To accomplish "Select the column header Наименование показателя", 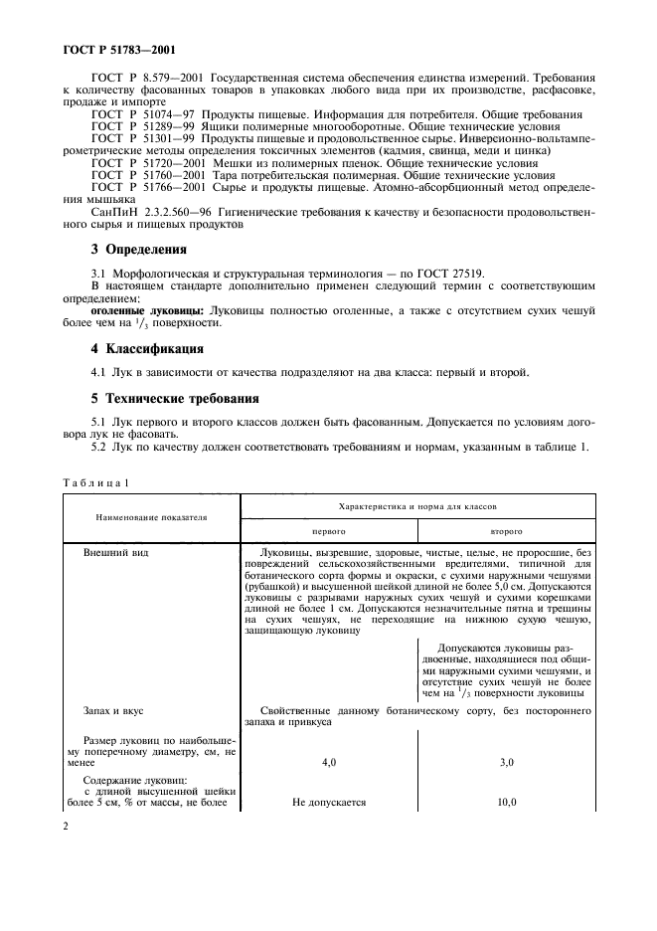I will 151,517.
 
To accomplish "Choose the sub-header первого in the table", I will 329,531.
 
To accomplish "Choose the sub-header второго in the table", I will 506,531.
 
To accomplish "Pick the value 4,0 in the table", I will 329,762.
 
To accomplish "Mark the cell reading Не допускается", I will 329,802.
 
